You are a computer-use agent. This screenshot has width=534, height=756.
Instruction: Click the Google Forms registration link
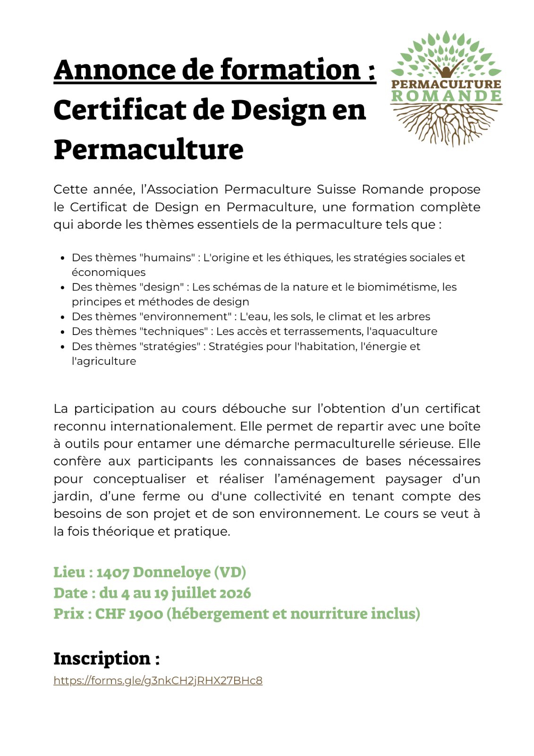pos(158,680)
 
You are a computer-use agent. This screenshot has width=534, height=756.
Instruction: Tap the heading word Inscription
pos(102,658)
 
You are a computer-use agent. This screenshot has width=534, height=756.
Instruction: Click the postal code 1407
pos(113,572)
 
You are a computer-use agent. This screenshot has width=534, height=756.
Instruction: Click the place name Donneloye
pos(172,572)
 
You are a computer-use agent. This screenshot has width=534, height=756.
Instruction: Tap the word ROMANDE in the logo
pos(447,96)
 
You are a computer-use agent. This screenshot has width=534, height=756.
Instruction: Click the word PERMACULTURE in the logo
pos(447,84)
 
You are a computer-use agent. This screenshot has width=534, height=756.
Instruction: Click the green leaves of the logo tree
pos(447,52)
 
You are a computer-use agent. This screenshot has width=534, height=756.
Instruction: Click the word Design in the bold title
pos(278,110)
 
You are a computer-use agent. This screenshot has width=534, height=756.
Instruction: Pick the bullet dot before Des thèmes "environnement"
pos(62,317)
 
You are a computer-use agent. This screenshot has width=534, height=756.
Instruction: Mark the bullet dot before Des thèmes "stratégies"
pos(62,347)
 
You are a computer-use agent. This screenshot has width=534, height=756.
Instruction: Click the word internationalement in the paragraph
pos(172,426)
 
